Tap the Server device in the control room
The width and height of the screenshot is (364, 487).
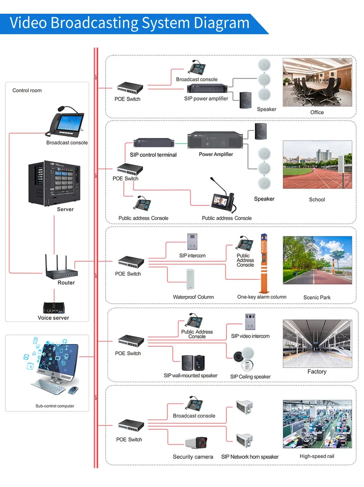pyautogui.click(x=54, y=183)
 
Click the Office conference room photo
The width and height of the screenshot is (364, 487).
pyautogui.click(x=317, y=82)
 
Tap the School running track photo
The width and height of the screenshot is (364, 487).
pyautogui.click(x=317, y=165)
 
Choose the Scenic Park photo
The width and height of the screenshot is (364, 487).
pyautogui.click(x=317, y=260)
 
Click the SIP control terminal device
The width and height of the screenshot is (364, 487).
pyautogui.click(x=153, y=143)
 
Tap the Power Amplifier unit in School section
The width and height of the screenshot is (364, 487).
pyautogui.click(x=215, y=140)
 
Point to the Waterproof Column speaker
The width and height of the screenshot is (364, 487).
pyautogui.click(x=191, y=280)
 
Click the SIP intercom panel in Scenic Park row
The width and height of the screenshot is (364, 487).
pyautogui.click(x=192, y=241)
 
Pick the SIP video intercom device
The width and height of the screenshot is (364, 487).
pyautogui.click(x=250, y=322)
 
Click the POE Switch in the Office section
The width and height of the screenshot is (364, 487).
pyautogui.click(x=129, y=88)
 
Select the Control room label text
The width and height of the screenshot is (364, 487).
pyautogui.click(x=27, y=91)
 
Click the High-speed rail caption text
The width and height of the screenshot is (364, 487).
pyautogui.click(x=317, y=456)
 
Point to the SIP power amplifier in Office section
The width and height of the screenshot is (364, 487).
pyautogui.click(x=207, y=89)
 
